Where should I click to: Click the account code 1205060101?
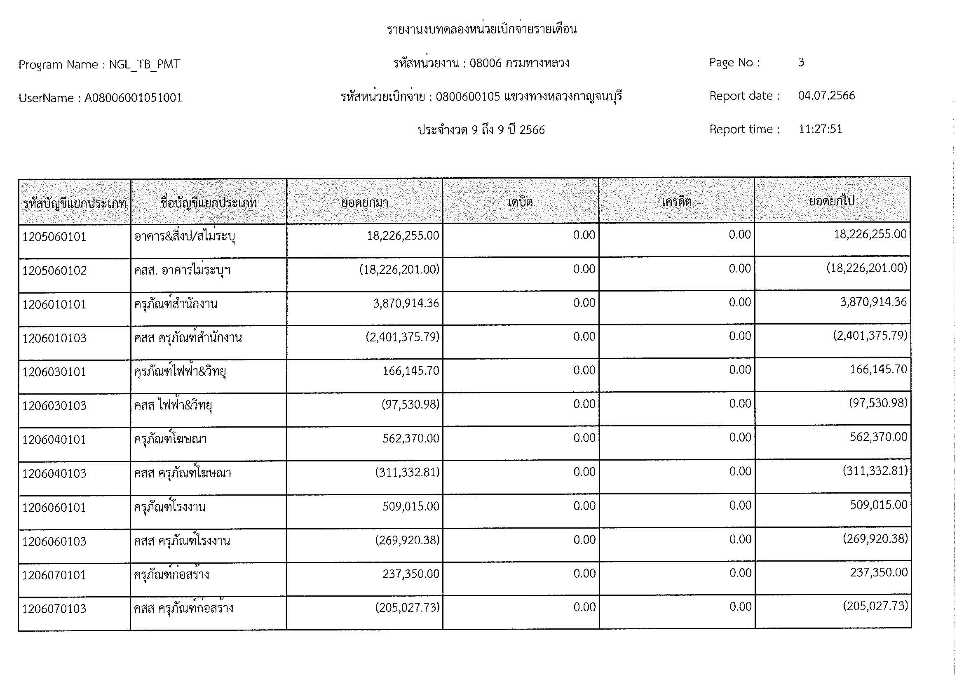[x=54, y=237]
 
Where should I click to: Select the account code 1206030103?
[x=54, y=406]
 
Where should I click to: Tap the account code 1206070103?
[x=54, y=609]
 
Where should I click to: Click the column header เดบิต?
[x=520, y=202]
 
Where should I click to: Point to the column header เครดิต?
[x=676, y=202]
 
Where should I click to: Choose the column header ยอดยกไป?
[x=832, y=201]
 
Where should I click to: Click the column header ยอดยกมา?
[x=364, y=203]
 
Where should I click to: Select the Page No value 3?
[x=801, y=63]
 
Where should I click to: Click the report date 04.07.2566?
[x=826, y=96]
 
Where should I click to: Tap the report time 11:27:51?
[x=820, y=129]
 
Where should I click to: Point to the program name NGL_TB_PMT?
[x=144, y=64]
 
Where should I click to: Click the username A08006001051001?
[x=134, y=98]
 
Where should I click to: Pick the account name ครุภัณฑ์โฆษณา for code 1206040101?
[x=171, y=439]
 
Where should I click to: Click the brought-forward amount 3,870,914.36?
[x=406, y=303]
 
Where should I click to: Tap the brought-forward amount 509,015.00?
[x=410, y=506]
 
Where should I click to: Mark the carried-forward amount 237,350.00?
[x=879, y=572]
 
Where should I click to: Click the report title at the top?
[x=481, y=29]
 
